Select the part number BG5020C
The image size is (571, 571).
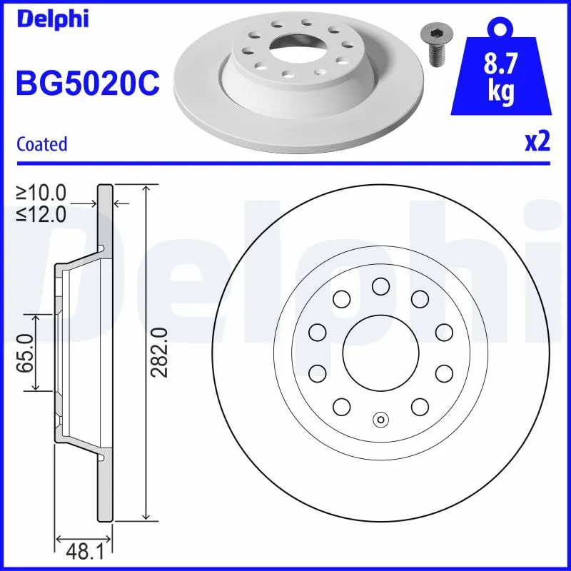87,84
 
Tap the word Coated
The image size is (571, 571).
41,144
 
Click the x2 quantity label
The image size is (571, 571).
537,143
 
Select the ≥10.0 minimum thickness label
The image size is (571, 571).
41,192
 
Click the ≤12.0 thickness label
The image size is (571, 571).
41,213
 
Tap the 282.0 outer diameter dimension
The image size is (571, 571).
158,353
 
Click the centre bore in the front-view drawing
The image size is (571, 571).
380,352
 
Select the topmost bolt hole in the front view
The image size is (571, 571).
380,286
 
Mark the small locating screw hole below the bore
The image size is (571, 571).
380,419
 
